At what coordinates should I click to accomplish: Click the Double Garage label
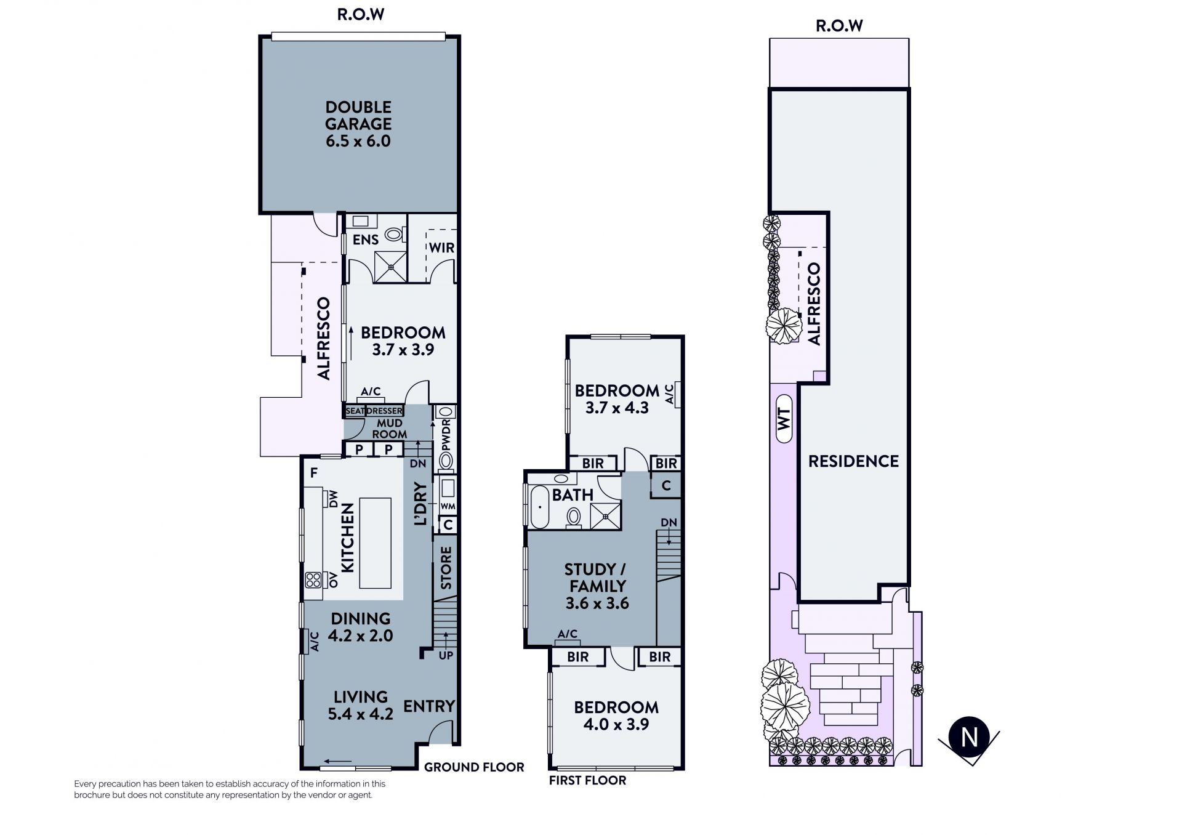click(x=358, y=124)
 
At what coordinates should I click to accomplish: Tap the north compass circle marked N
click(x=970, y=737)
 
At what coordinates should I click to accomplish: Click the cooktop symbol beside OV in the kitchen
click(x=313, y=579)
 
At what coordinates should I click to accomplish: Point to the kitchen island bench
click(x=375, y=543)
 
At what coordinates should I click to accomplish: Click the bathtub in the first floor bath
click(x=539, y=506)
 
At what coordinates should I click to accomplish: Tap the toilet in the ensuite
click(x=395, y=235)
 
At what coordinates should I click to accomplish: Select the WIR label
click(x=441, y=248)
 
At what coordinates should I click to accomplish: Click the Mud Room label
click(x=389, y=429)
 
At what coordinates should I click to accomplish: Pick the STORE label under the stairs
click(x=446, y=568)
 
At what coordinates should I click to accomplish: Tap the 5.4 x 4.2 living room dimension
click(x=361, y=714)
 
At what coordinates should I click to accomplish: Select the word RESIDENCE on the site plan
click(x=853, y=461)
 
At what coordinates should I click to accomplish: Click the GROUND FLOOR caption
click(x=474, y=767)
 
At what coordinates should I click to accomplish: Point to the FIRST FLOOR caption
click(x=587, y=781)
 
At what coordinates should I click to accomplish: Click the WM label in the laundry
click(x=448, y=507)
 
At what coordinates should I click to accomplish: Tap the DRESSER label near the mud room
click(x=385, y=411)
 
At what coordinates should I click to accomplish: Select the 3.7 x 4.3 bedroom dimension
click(x=617, y=408)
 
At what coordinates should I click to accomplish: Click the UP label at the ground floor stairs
click(x=446, y=655)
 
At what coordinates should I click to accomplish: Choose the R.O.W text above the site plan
click(x=839, y=26)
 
